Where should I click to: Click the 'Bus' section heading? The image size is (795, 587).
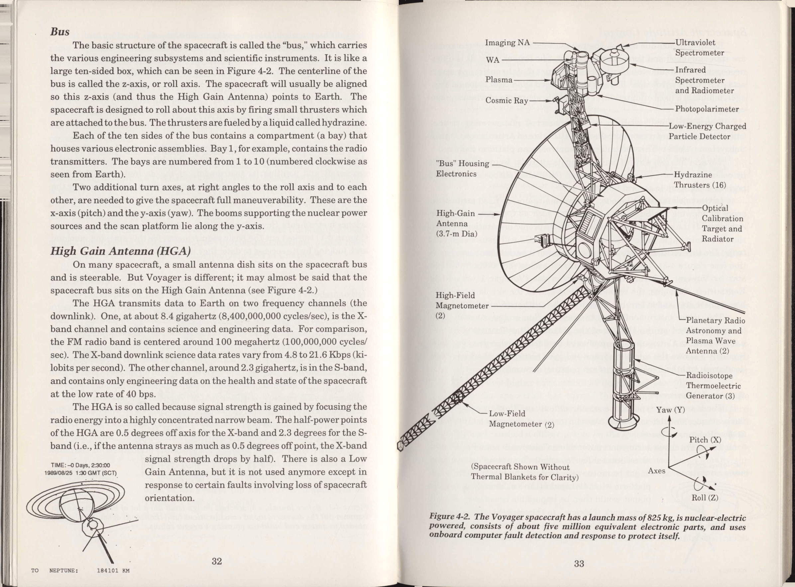[60, 32]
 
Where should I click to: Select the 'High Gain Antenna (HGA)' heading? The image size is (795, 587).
[121, 251]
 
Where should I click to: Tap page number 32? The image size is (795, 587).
[217, 561]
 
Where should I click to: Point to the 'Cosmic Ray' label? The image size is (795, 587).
[507, 101]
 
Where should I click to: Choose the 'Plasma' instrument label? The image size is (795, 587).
[499, 80]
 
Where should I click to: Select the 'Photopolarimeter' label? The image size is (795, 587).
[707, 109]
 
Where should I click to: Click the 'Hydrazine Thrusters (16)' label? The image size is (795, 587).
[700, 180]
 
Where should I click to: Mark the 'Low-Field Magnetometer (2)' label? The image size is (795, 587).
[521, 419]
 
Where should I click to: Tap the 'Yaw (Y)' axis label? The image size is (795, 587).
[670, 410]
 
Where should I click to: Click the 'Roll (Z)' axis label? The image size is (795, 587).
[705, 498]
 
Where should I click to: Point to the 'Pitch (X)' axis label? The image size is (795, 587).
[705, 440]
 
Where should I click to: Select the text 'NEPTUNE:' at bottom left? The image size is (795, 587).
[64, 571]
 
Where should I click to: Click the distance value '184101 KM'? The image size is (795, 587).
[113, 571]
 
